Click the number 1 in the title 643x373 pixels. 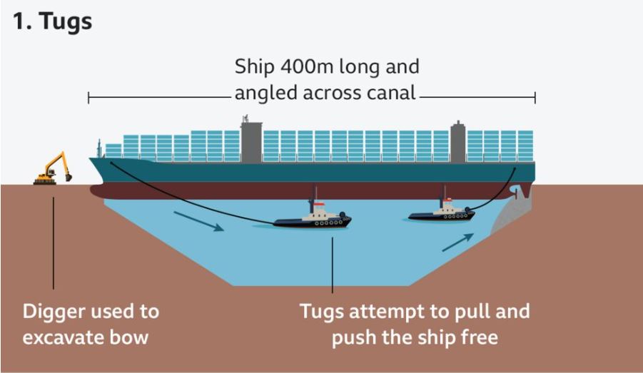click(x=20, y=21)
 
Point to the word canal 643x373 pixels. click(x=388, y=93)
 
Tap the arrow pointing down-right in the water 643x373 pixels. click(x=198, y=221)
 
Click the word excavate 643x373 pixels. click(x=67, y=337)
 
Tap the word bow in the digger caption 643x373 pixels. click(x=131, y=337)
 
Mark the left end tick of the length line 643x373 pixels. click(x=88, y=98)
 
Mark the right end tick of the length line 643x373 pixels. click(x=535, y=98)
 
